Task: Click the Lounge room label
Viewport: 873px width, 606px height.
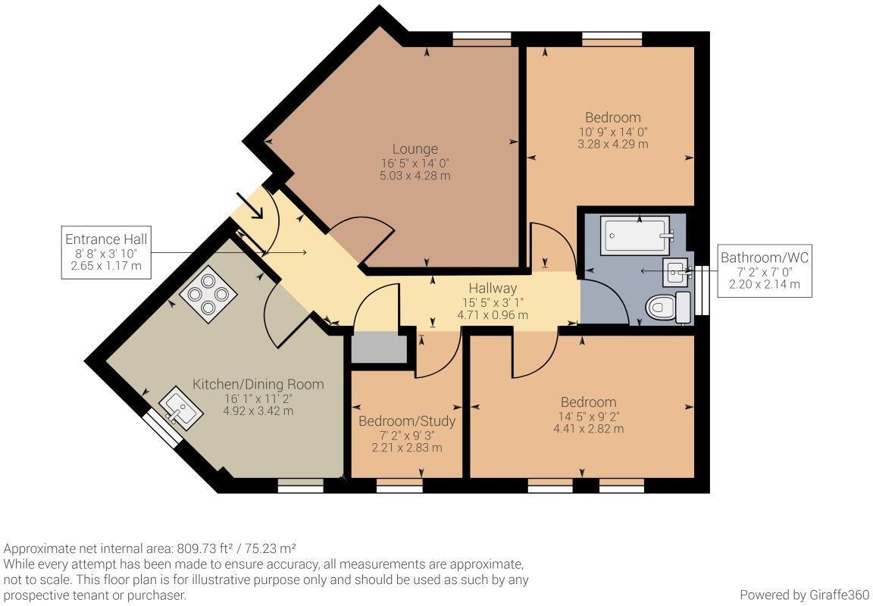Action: [415, 149]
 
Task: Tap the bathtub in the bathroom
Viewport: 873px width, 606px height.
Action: [636, 236]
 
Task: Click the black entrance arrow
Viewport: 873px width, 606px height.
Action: [250, 205]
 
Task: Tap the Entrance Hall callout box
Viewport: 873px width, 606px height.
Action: [106, 252]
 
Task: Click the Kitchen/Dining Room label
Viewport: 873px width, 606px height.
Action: [258, 384]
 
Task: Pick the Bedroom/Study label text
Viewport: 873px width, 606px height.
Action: [407, 420]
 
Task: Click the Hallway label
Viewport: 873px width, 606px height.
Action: [492, 288]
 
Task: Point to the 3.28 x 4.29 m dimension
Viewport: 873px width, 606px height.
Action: [612, 144]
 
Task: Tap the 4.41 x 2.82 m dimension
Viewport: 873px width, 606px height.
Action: [588, 429]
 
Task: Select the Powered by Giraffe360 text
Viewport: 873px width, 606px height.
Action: [802, 595]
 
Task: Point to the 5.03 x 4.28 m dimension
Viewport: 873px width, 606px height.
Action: [415, 176]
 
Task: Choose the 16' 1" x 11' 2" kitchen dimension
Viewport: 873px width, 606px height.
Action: [258, 398]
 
